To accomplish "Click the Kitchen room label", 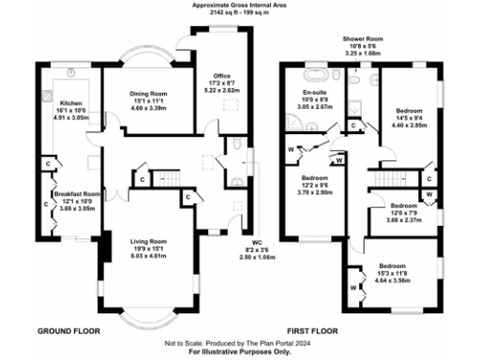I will click(x=71, y=103).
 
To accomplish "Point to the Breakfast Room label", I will click(x=79, y=194).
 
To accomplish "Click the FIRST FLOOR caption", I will click(x=312, y=332).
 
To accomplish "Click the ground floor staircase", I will click(x=166, y=175).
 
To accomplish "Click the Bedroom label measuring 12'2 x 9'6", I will click(x=314, y=178).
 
